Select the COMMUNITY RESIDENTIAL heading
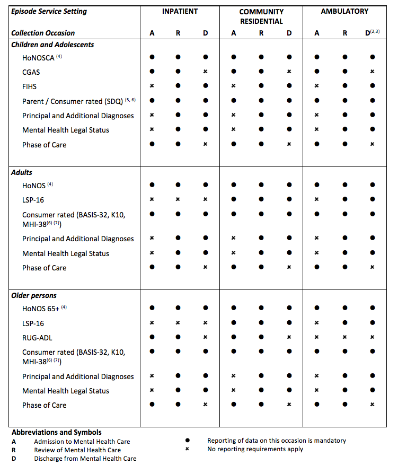(x=261, y=16)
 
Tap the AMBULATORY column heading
(x=344, y=11)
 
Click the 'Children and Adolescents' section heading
(x=52, y=45)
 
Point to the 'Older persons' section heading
(x=34, y=295)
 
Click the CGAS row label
(x=31, y=72)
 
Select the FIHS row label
(x=29, y=86)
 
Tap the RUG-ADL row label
(x=37, y=337)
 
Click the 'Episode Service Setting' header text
(x=49, y=11)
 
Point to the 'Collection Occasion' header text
(x=43, y=33)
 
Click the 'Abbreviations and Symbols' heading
(x=57, y=432)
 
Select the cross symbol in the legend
(x=188, y=449)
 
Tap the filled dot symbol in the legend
(x=188, y=441)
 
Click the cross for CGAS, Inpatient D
(x=206, y=71)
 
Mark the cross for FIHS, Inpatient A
(x=152, y=85)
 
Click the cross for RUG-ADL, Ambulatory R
(x=345, y=337)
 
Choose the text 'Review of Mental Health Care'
(x=77, y=450)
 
